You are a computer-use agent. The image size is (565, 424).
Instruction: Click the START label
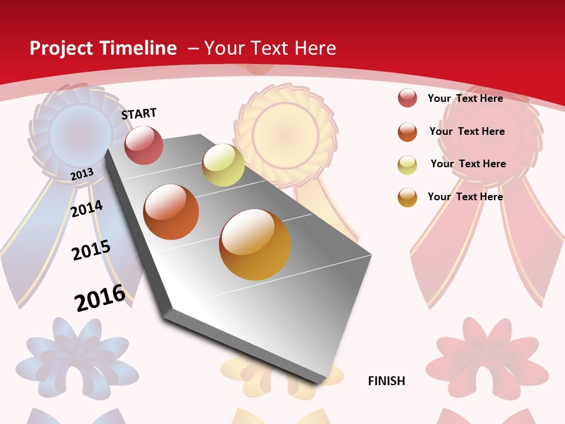point(139,114)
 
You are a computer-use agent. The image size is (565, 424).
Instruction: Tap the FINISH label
point(387,381)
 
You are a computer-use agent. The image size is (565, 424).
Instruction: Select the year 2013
point(82,174)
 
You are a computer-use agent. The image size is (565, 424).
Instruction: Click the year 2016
point(100,297)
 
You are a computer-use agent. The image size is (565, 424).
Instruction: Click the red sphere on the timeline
point(144,145)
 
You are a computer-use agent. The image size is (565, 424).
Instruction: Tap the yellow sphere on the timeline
point(223,165)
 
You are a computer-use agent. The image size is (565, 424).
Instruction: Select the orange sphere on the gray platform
point(171,212)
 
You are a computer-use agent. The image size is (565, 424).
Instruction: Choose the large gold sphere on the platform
point(255,244)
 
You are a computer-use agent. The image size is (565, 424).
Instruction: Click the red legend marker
point(407,98)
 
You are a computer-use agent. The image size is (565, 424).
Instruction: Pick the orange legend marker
point(407,132)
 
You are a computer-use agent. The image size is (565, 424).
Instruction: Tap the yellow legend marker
point(407,165)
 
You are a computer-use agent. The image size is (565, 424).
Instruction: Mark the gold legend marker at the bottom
point(407,197)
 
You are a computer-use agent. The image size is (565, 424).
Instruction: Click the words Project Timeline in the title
point(103,48)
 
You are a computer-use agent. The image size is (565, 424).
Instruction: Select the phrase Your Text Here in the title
point(270,48)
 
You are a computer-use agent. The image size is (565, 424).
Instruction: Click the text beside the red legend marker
point(465,98)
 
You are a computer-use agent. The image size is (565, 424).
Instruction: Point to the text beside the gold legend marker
point(465,197)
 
